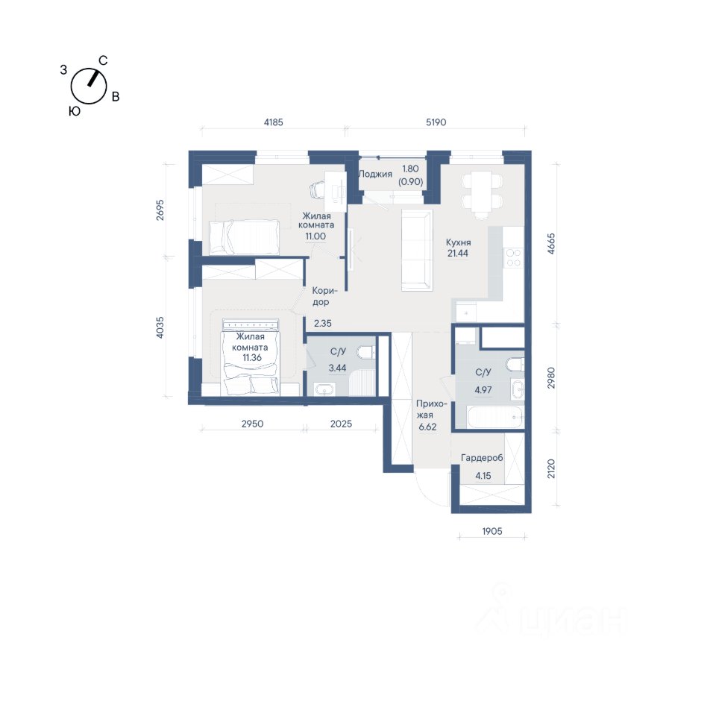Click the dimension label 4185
pyautogui.click(x=274, y=122)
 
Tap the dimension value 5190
pyautogui.click(x=436, y=122)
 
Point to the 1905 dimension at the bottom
pyautogui.click(x=492, y=531)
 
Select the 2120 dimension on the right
pyautogui.click(x=551, y=468)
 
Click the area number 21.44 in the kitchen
pyautogui.click(x=457, y=254)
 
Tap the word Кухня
pyautogui.click(x=458, y=242)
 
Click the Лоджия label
pyautogui.click(x=375, y=174)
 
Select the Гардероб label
pyautogui.click(x=483, y=458)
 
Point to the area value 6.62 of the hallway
pyautogui.click(x=427, y=427)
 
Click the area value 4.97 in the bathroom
pyautogui.click(x=483, y=390)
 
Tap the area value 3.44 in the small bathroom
pyautogui.click(x=337, y=368)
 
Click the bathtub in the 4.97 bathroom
pyautogui.click(x=495, y=417)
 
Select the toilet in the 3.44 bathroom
pyautogui.click(x=367, y=353)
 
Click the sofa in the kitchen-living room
pyautogui.click(x=417, y=251)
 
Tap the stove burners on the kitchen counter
pyautogui.click(x=514, y=258)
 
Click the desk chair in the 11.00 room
pyautogui.click(x=320, y=189)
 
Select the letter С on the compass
pyautogui.click(x=103, y=60)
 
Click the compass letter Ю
pyautogui.click(x=75, y=111)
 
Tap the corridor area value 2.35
pyautogui.click(x=323, y=323)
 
